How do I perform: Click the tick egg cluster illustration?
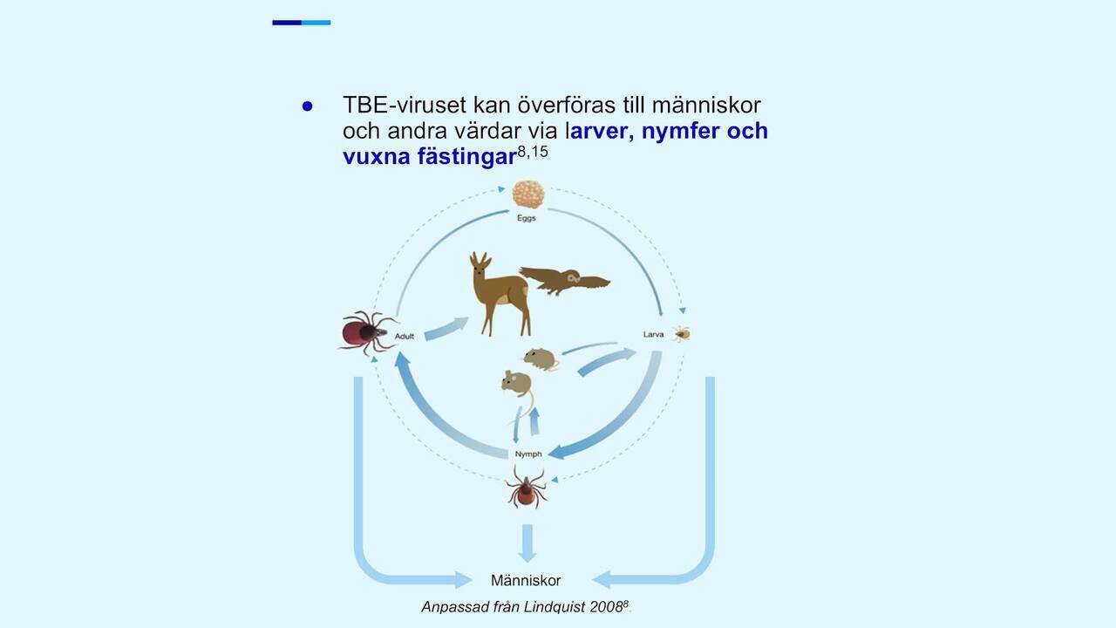528,195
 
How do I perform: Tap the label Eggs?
527,218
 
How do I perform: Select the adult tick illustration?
367,332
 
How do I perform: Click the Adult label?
405,337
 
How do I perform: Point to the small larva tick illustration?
681,333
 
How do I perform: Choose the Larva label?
653,334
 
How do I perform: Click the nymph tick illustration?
526,488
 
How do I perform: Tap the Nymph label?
528,454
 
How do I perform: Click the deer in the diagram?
500,294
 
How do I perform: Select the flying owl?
564,281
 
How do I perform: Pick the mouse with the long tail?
518,393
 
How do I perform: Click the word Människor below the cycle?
526,581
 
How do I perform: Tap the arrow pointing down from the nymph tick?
527,543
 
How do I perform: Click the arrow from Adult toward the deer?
446,329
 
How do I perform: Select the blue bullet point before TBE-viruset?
308,106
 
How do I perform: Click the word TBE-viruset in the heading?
405,106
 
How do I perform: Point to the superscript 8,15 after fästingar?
533,152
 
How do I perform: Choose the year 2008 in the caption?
606,607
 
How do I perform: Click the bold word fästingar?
466,157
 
